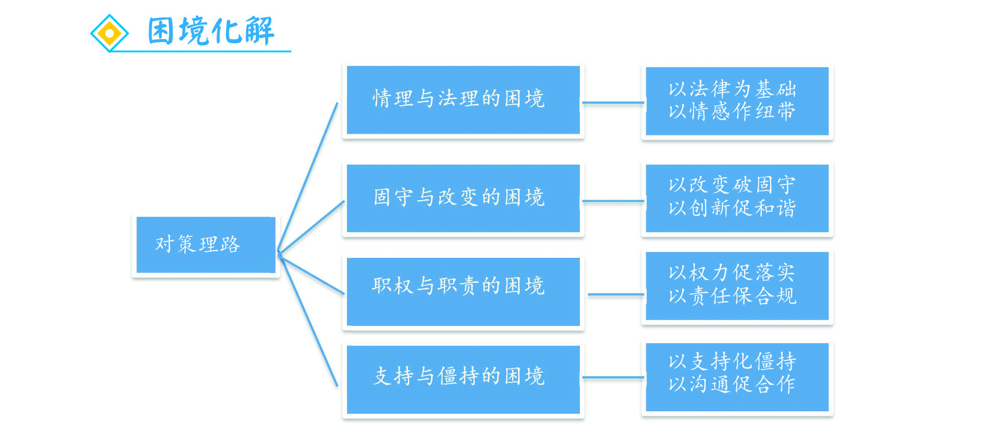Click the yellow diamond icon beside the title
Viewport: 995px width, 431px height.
tap(109, 33)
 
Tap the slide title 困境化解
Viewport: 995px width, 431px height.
tap(211, 31)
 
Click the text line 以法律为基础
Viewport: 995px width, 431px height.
tap(732, 90)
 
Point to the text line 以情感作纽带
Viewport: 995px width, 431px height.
tap(732, 112)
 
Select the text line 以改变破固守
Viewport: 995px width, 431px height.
tap(732, 185)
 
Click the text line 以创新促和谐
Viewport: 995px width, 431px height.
tap(732, 208)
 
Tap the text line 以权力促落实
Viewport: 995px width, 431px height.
tap(732, 273)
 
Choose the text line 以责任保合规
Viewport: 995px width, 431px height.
tap(732, 296)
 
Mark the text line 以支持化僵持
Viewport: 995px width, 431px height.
tap(732, 361)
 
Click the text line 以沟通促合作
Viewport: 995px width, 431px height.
tap(732, 384)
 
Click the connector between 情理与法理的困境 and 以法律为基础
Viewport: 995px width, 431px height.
tap(613, 103)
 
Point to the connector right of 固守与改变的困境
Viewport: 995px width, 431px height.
tap(613, 201)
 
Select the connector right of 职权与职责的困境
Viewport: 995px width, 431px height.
tap(615, 295)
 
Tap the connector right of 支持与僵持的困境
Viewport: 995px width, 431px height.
tap(613, 378)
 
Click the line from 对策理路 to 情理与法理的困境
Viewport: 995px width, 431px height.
tap(308, 176)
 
